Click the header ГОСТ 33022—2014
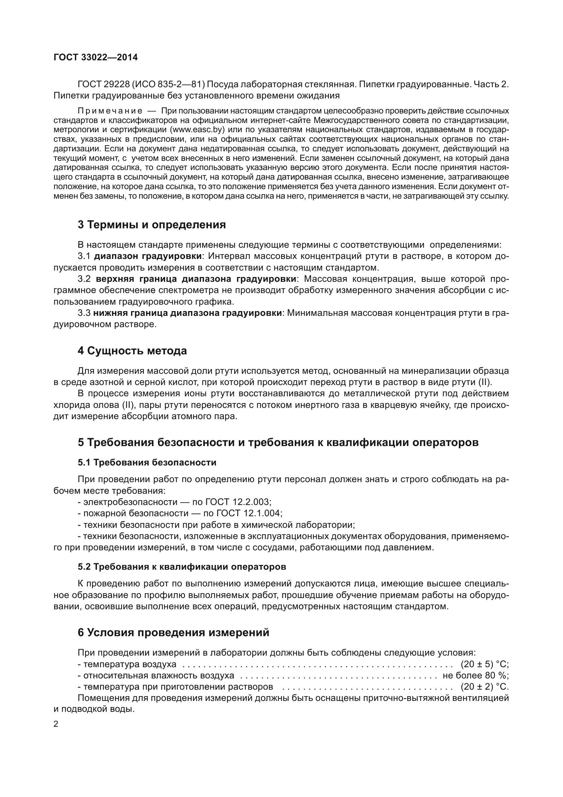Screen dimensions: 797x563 96,57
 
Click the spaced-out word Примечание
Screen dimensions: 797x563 110,111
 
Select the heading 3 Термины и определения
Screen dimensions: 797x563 151,225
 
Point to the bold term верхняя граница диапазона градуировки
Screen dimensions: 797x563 196,279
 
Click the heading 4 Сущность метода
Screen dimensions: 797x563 132,351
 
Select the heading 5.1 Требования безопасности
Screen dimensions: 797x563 147,463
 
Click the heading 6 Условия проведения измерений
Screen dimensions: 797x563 173,633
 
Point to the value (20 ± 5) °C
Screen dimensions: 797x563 484,664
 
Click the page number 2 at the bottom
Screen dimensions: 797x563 56,724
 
